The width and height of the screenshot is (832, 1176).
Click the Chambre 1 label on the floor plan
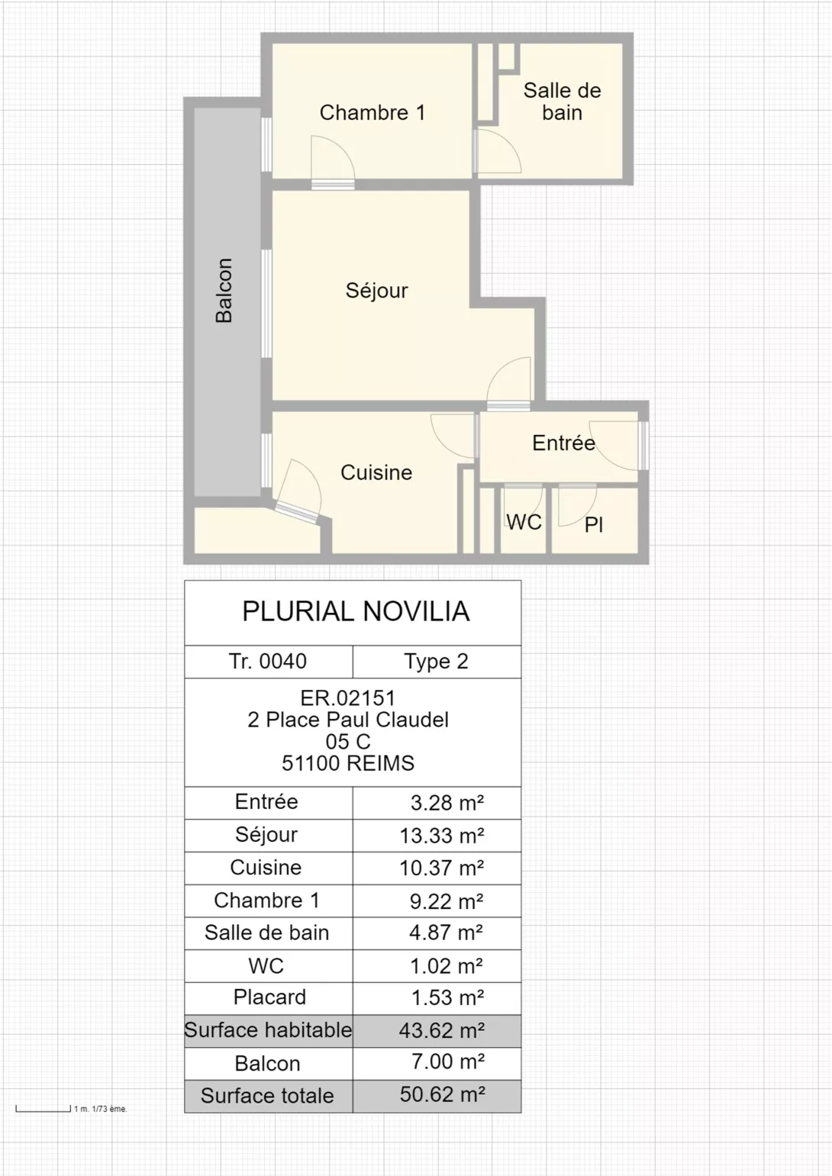coord(372,113)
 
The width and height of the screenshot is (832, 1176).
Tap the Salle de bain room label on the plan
coord(562,101)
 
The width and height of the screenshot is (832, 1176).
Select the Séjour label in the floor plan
coord(376,290)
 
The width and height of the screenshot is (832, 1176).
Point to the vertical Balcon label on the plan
coord(224,290)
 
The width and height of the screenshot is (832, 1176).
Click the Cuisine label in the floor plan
coord(376,472)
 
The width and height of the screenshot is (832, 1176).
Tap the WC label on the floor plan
coord(524,522)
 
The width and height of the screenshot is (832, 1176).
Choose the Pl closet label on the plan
coord(594,524)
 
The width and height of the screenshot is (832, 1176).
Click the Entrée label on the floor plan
coord(563,443)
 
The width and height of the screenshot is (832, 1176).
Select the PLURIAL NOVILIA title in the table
coord(356,611)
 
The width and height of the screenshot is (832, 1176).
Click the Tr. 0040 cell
coord(268,661)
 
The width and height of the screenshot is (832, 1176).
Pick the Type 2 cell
coord(436,661)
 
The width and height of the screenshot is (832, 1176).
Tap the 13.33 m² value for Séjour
coord(442,836)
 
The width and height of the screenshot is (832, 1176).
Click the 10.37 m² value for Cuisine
coord(442,868)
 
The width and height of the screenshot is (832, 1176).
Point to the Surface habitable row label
coord(268,1030)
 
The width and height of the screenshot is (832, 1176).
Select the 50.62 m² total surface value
coord(442,1094)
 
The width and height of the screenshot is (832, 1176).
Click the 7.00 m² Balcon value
coord(447,1061)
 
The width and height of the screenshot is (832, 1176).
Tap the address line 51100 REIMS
coord(348,763)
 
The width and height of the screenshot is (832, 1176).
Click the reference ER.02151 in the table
coord(348,698)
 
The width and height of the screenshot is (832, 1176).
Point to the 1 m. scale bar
coord(43,1108)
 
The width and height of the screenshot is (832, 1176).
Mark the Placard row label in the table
coord(269,997)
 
